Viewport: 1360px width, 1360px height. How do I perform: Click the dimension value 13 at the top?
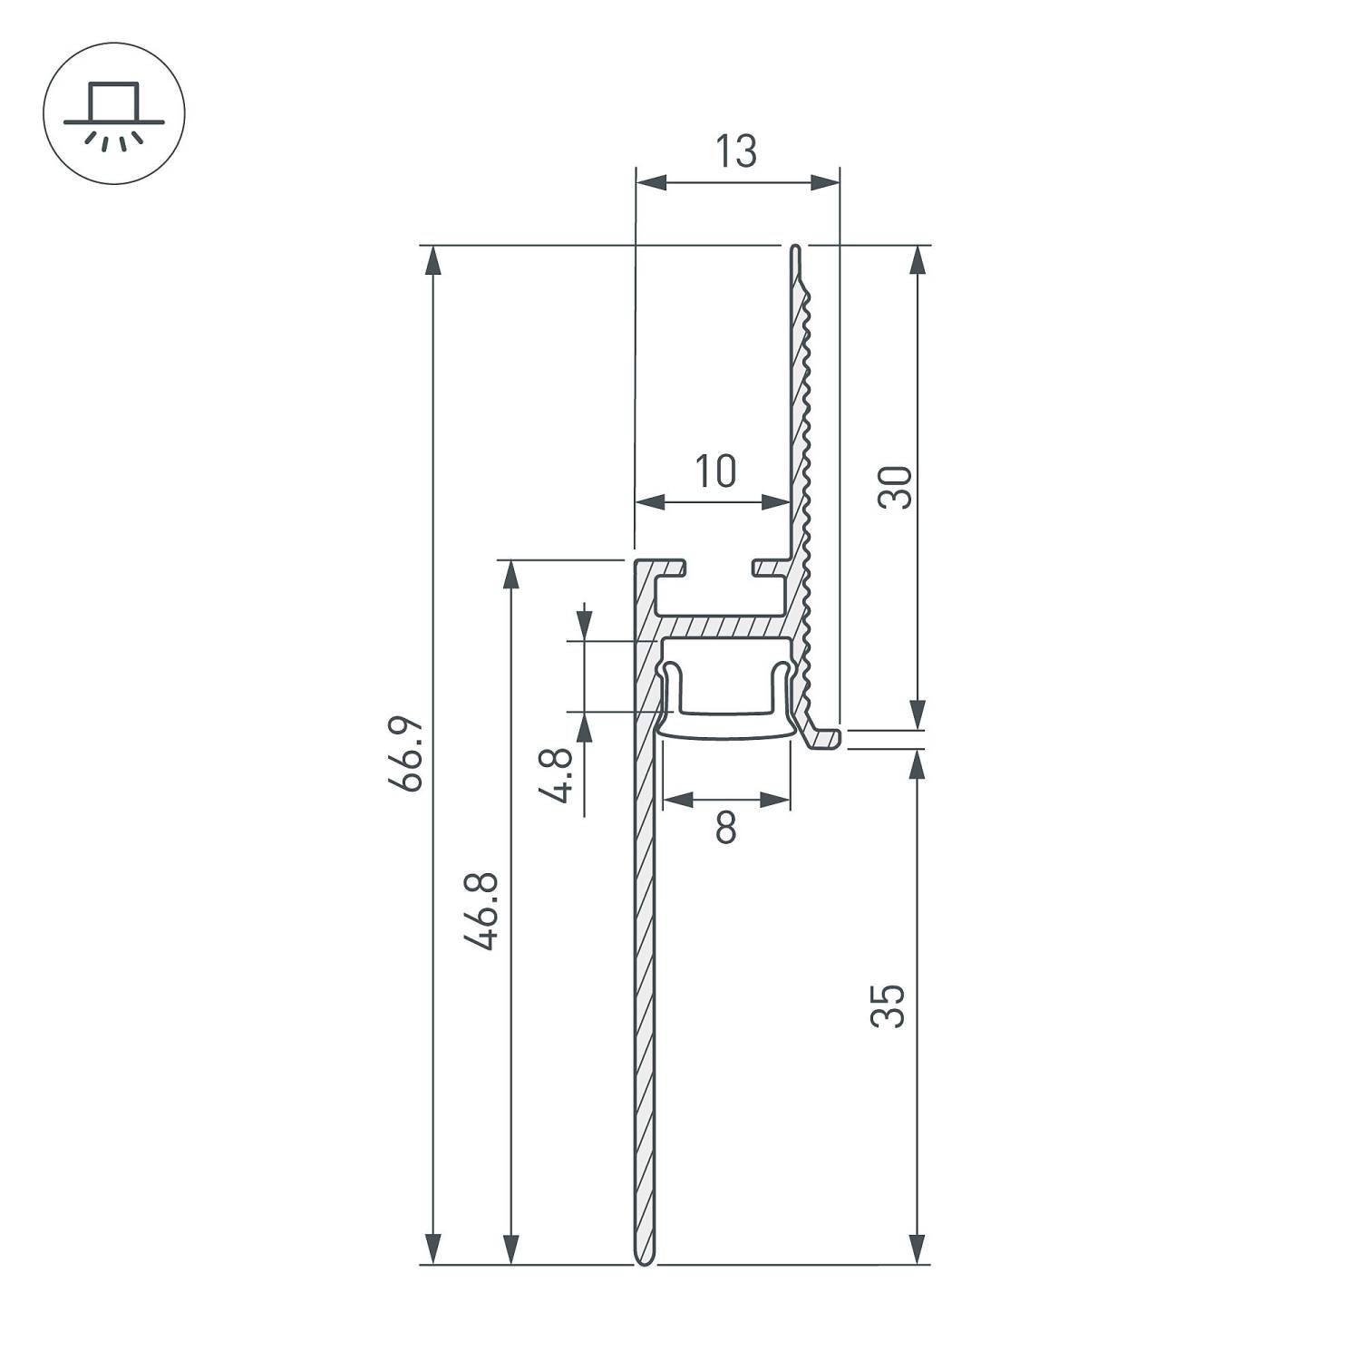tap(736, 152)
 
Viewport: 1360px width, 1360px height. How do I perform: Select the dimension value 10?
tap(715, 471)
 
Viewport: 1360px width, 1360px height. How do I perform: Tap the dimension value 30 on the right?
tap(896, 487)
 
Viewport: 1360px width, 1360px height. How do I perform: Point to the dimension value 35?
tap(889, 1005)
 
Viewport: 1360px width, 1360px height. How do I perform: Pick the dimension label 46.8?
tap(481, 910)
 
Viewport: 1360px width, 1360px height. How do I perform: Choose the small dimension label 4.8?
tap(556, 775)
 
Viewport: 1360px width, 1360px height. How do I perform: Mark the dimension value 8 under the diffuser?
tap(725, 827)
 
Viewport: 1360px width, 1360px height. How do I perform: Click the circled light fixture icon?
tap(114, 113)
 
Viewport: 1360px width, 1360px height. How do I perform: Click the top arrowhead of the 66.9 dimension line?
tap(433, 259)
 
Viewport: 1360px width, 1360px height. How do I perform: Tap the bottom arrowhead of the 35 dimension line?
tap(918, 1249)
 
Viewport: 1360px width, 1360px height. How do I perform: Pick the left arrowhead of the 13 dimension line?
tap(650, 184)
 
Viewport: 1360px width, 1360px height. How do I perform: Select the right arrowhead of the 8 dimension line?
tap(775, 799)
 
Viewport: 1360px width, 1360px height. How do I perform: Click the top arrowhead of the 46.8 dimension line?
tap(512, 575)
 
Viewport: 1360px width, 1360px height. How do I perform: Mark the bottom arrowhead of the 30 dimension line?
tap(918, 714)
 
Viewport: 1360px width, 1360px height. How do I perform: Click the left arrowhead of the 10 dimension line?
tap(649, 501)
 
